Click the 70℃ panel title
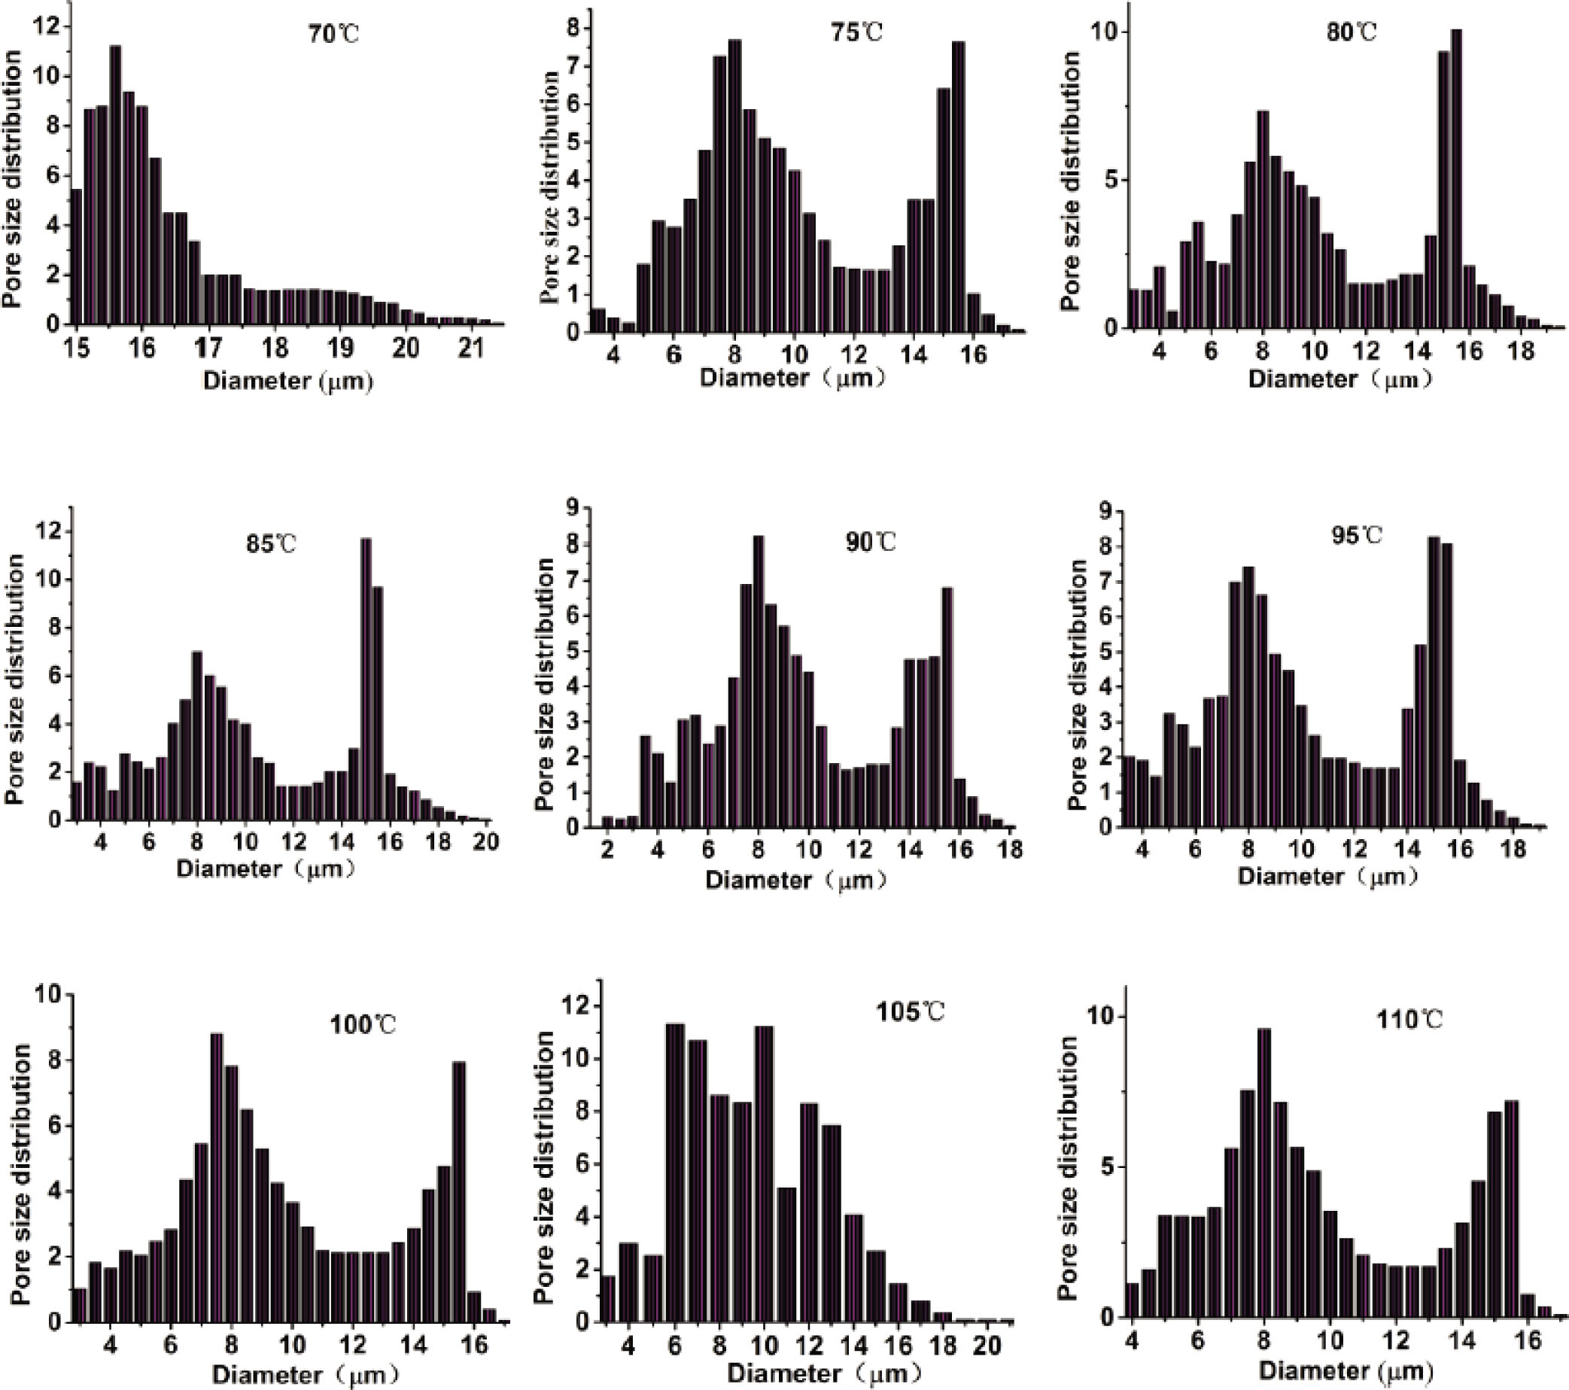coord(334,35)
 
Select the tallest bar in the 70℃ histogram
coord(116,184)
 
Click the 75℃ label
coord(858,32)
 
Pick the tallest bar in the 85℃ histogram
coord(366,680)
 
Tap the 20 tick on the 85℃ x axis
coord(485,842)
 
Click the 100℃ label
coord(362,1025)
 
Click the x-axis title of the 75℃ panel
coord(794,379)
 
